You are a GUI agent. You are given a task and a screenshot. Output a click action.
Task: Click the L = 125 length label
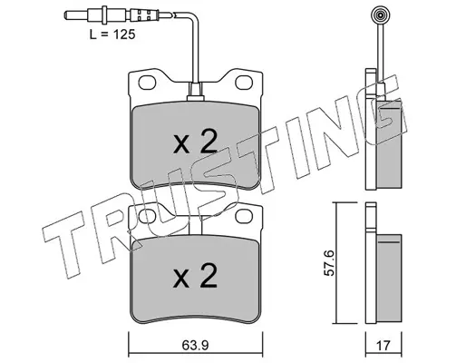(x=112, y=34)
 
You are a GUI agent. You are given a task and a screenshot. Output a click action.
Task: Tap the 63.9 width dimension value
(x=196, y=345)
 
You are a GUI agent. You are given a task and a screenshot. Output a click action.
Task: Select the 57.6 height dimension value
(x=329, y=262)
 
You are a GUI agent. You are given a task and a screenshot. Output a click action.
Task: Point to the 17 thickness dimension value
(x=383, y=345)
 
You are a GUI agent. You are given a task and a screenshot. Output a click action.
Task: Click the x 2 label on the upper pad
(x=196, y=141)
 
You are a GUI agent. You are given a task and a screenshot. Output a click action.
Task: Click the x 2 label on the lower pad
(x=196, y=275)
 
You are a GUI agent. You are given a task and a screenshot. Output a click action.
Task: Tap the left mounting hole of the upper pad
(x=147, y=83)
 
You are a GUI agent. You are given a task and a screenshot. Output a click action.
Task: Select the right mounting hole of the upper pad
(x=244, y=83)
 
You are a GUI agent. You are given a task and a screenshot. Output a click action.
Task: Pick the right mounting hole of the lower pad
(x=244, y=216)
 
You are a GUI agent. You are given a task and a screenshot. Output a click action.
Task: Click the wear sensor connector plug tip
(x=70, y=15)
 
